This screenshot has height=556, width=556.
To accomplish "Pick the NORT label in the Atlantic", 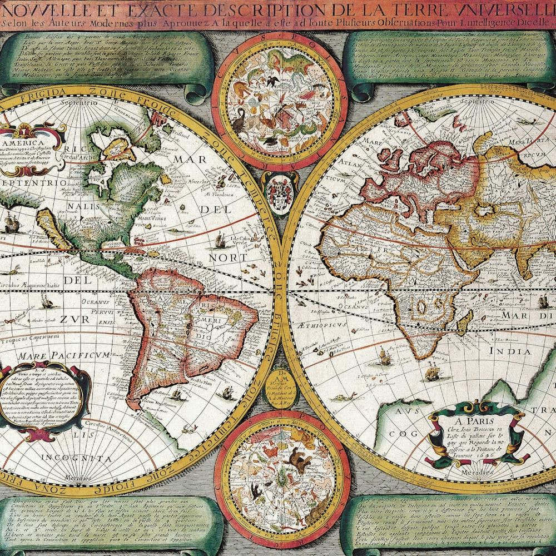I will [227, 258].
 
